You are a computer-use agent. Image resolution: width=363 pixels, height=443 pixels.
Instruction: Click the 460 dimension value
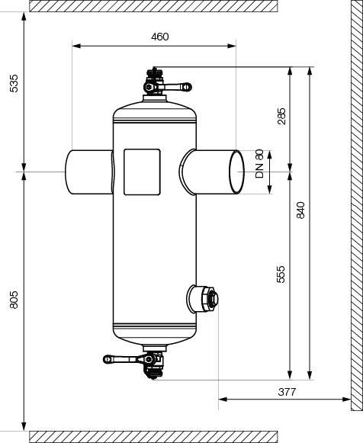pyautogui.click(x=160, y=37)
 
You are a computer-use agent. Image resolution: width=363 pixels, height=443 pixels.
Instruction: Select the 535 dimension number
pyautogui.click(x=14, y=83)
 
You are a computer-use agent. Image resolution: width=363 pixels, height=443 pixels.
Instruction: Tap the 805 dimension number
pyautogui.click(x=14, y=300)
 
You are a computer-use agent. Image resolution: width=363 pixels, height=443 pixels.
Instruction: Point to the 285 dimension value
pyautogui.click(x=281, y=116)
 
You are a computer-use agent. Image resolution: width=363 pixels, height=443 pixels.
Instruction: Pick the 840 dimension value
pyautogui.click(x=301, y=210)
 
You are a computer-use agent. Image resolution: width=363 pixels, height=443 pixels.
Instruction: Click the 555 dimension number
pyautogui.click(x=281, y=274)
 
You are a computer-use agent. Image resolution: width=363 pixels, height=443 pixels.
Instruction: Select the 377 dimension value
pyautogui.click(x=287, y=392)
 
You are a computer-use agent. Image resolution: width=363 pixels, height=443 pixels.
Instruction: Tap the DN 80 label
pyautogui.click(x=259, y=164)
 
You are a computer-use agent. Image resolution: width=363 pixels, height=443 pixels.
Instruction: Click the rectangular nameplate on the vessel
pyautogui.click(x=142, y=172)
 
